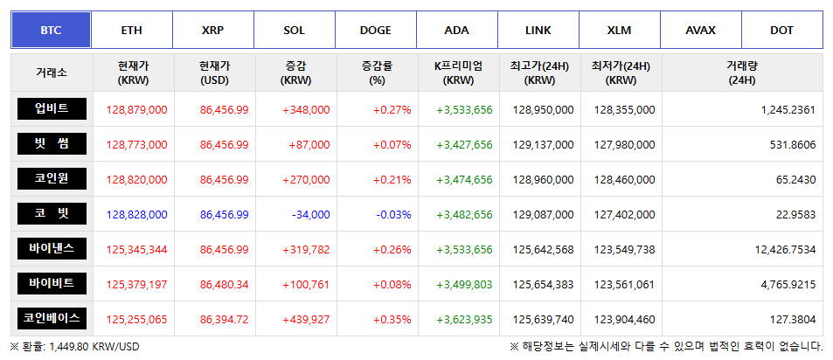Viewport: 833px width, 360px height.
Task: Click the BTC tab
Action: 51,30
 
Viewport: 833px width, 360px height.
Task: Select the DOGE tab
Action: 376,30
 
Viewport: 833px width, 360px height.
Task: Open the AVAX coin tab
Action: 700,30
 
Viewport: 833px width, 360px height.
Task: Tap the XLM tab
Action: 619,30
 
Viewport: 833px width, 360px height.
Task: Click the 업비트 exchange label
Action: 52,108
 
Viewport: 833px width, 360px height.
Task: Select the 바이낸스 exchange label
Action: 52,248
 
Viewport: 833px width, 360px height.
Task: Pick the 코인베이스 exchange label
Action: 52,318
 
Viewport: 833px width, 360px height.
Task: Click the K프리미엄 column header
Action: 459,73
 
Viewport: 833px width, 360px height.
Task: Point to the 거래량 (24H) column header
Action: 741,73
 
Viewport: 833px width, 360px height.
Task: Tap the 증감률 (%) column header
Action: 377,73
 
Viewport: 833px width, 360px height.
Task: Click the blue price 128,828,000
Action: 136,214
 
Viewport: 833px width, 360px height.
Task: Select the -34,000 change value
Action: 308,214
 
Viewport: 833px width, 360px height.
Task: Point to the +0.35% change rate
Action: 392,319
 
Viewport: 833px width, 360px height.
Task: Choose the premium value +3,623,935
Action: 464,319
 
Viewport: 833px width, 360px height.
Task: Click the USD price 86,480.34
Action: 224,284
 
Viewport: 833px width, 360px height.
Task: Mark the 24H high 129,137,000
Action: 544,144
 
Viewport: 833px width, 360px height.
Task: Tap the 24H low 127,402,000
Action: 624,214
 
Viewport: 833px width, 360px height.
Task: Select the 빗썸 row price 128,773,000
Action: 136,144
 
